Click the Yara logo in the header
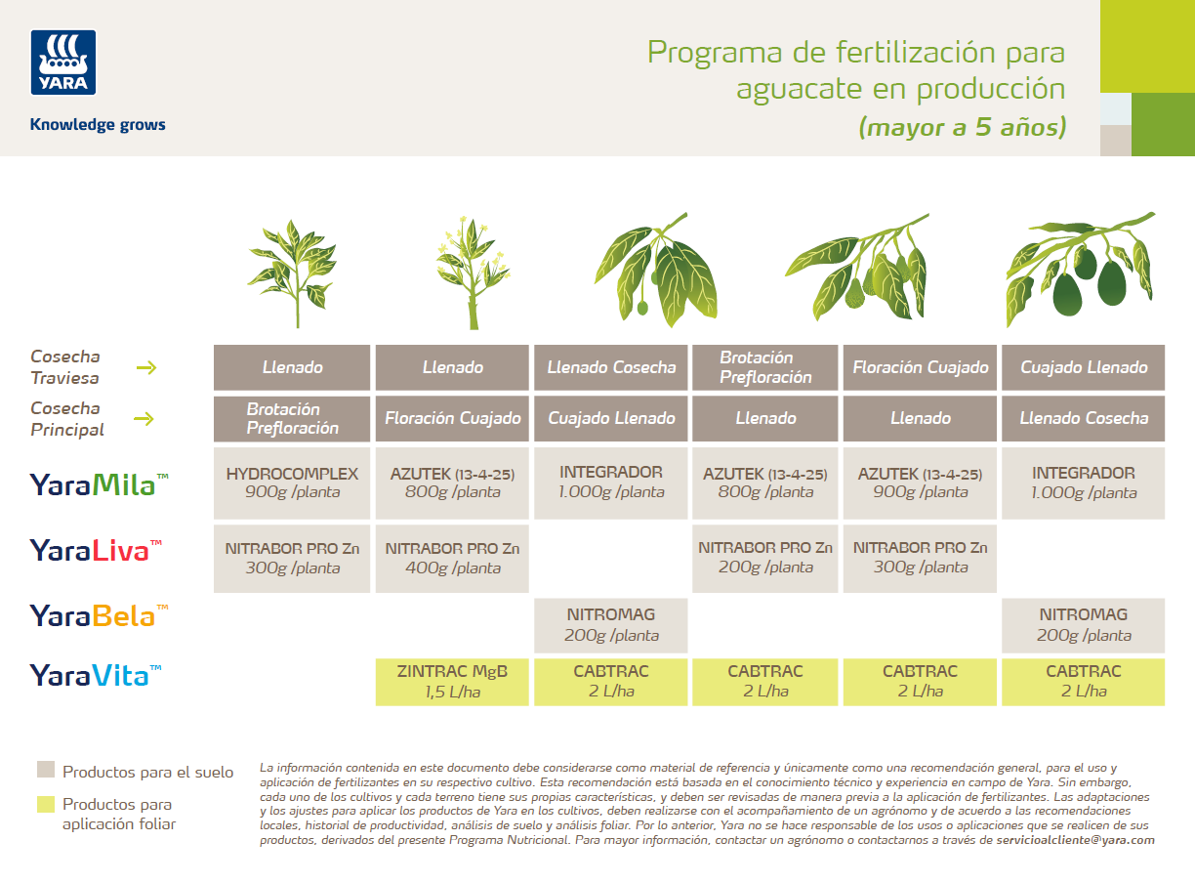tap(63, 63)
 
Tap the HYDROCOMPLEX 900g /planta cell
tap(292, 483)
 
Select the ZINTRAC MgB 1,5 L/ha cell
tap(452, 682)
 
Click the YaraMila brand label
tap(99, 484)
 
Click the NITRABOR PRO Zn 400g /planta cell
tap(452, 558)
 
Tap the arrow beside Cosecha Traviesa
tap(145, 368)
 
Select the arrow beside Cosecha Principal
tap(145, 419)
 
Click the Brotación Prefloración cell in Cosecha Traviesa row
tap(765, 367)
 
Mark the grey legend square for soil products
tap(45, 769)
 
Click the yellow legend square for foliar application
tap(45, 804)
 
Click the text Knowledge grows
tap(98, 125)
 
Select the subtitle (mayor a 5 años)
tap(962, 127)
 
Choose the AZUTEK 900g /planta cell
tap(920, 483)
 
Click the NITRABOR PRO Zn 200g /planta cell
tap(765, 558)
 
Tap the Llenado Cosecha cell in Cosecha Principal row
tap(1083, 418)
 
